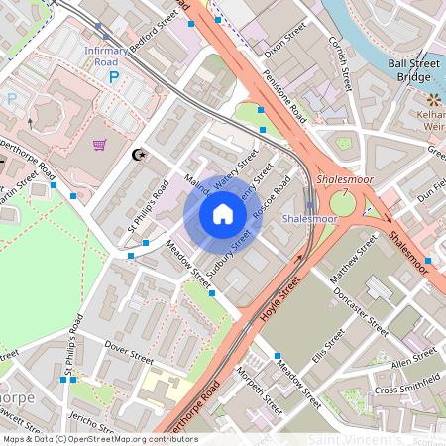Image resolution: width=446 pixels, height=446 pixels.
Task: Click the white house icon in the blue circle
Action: [x=223, y=214]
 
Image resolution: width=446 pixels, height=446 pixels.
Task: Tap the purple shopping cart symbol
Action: [x=99, y=145]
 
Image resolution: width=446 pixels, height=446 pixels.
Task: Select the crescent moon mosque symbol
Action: [x=139, y=154]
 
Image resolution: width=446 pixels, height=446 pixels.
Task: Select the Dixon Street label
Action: [x=276, y=29]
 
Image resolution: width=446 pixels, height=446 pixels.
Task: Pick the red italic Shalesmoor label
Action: [x=340, y=180]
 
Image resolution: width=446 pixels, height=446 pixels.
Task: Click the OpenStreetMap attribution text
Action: [x=99, y=439]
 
